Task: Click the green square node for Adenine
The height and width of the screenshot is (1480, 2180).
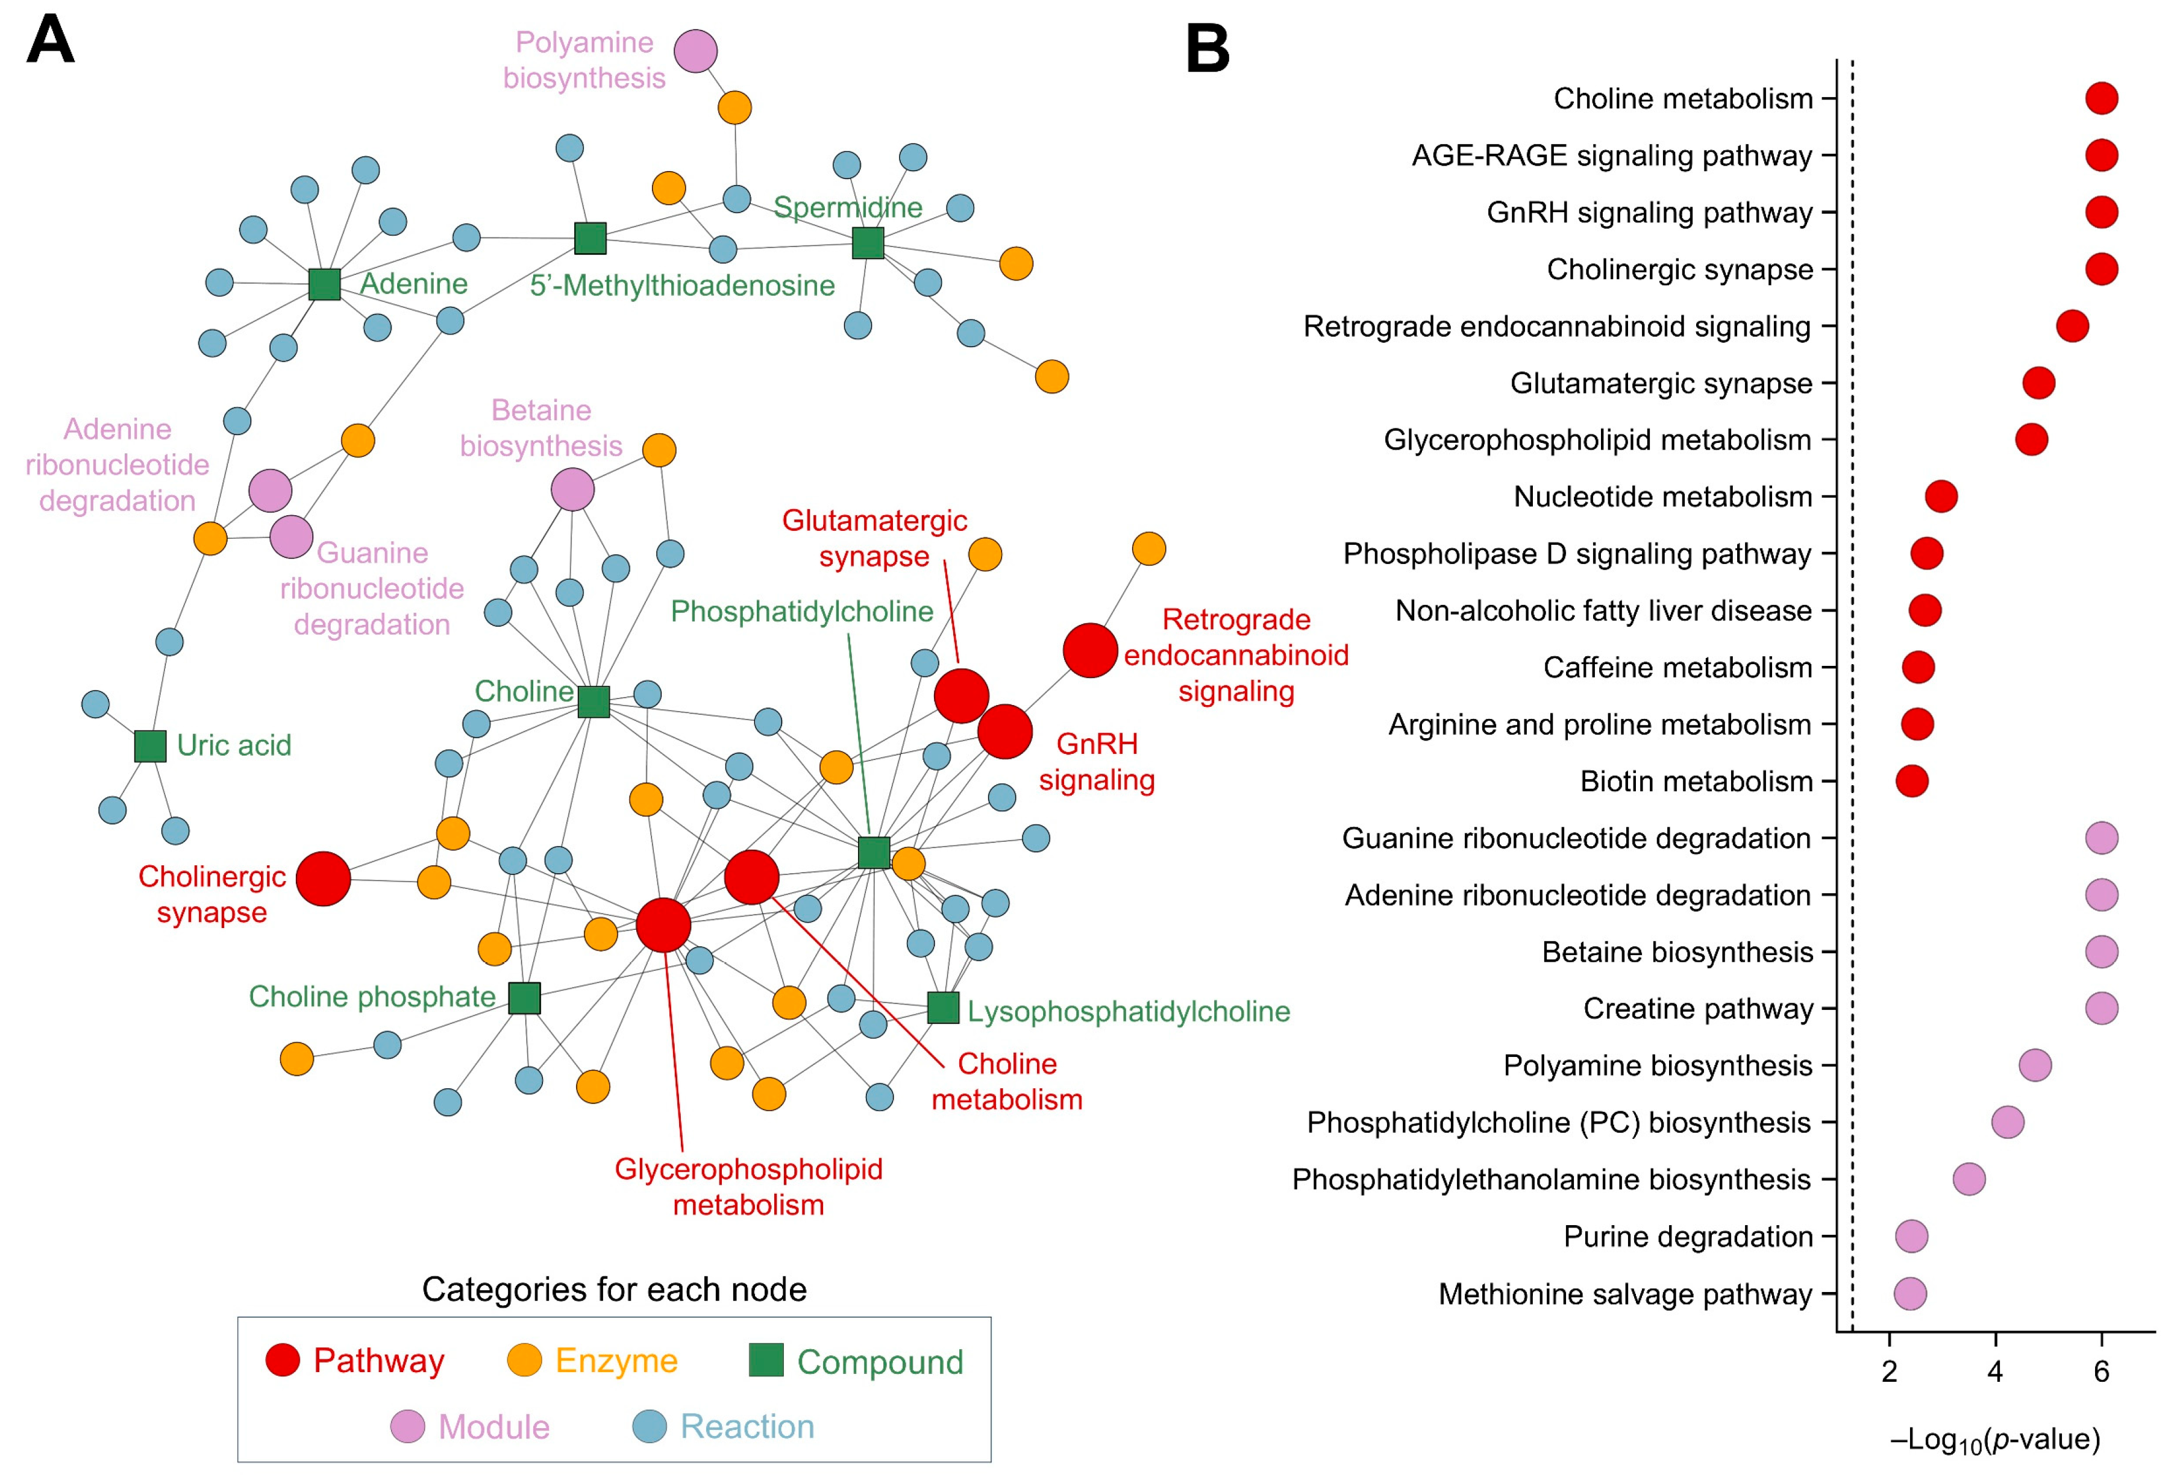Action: coord(325,283)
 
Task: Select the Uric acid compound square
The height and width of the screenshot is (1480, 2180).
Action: coord(150,745)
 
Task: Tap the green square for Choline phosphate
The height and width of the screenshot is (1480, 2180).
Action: coord(524,998)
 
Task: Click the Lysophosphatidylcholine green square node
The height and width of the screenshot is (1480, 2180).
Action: coord(943,1008)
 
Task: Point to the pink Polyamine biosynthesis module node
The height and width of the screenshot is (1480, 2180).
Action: coord(695,51)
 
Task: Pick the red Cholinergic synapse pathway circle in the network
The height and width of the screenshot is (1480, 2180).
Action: coord(323,879)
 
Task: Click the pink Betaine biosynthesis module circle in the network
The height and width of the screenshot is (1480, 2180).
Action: coord(572,489)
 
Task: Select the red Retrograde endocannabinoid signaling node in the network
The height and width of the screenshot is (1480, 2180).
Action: coord(1090,650)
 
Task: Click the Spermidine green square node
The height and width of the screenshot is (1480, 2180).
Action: coord(868,243)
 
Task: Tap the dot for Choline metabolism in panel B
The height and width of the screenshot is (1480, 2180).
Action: coord(2101,98)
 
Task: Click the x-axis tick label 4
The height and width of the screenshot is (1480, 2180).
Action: coord(1995,1372)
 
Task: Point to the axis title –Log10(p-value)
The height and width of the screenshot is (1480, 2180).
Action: coord(1995,1439)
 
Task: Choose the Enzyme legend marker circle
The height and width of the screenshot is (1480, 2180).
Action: coord(524,1360)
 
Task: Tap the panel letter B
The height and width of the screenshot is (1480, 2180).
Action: coord(1207,49)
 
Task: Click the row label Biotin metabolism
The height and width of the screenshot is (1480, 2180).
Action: coord(1696,781)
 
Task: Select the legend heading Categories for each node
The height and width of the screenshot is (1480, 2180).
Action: coord(615,1290)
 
